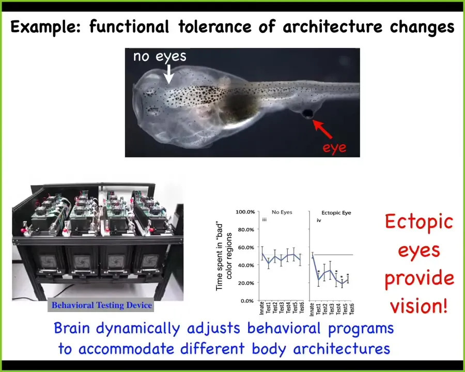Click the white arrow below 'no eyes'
pyautogui.click(x=169, y=74)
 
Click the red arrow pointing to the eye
pyautogui.click(x=322, y=129)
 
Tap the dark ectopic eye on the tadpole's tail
pyautogui.click(x=307, y=113)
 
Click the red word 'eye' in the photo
pyautogui.click(x=334, y=148)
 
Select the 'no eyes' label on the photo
pyautogui.click(x=160, y=56)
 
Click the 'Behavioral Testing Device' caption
pyautogui.click(x=102, y=305)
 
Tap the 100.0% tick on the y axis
pyautogui.click(x=245, y=212)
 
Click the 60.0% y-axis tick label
pyautogui.click(x=246, y=247)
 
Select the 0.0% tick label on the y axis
pyautogui.click(x=247, y=301)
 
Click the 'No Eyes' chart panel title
pyautogui.click(x=282, y=212)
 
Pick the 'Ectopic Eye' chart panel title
pyautogui.click(x=336, y=213)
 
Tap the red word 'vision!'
pyautogui.click(x=419, y=306)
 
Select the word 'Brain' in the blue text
pyautogui.click(x=72, y=329)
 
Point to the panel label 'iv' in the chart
pyautogui.click(x=319, y=221)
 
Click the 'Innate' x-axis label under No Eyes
pyautogui.click(x=261, y=308)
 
